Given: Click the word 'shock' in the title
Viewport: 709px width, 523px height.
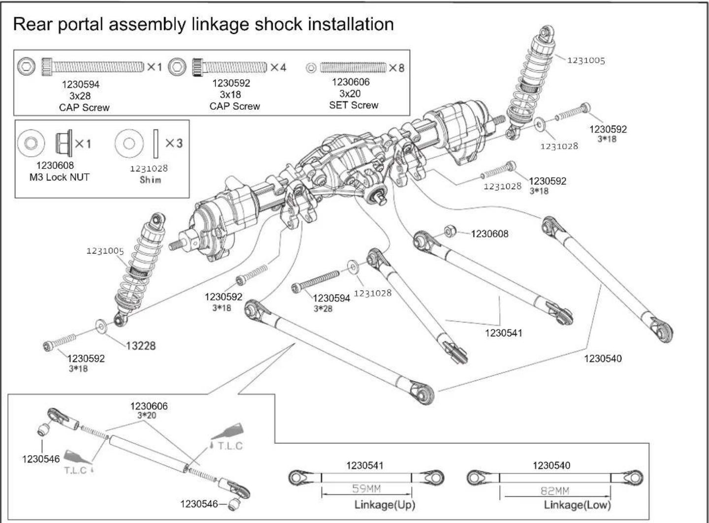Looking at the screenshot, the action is [x=278, y=25].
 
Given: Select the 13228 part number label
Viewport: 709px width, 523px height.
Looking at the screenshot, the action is [x=141, y=346].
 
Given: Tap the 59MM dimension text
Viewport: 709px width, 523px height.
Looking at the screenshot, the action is [x=366, y=489].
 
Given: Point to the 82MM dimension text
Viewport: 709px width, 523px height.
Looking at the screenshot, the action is [x=555, y=491].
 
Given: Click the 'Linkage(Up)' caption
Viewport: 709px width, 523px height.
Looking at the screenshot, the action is [x=385, y=505].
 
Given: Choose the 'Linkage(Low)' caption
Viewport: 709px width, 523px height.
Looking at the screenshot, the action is [x=577, y=505].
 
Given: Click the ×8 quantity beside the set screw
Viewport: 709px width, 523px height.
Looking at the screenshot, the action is [x=397, y=68].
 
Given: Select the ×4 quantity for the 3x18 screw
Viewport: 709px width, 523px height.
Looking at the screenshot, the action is [x=278, y=67].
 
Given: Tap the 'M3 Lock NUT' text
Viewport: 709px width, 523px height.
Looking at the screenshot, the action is [x=60, y=177].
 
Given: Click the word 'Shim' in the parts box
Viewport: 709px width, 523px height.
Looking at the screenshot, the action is [x=150, y=180].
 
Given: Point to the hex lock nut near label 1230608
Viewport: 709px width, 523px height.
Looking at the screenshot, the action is [x=450, y=231].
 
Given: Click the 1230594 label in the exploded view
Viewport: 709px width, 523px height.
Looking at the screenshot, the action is [x=331, y=298].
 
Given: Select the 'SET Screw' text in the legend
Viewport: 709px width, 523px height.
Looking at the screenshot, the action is [x=354, y=105].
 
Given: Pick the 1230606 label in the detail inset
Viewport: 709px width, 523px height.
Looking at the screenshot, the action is [x=149, y=406].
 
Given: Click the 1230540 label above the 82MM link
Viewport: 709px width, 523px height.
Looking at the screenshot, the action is [x=551, y=465].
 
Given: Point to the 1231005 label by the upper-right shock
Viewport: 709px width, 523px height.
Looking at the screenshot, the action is [x=586, y=60].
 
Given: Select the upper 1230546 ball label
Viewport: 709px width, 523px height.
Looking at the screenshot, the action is [x=41, y=459].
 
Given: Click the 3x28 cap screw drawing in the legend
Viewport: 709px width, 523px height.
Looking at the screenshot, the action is [x=93, y=67].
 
